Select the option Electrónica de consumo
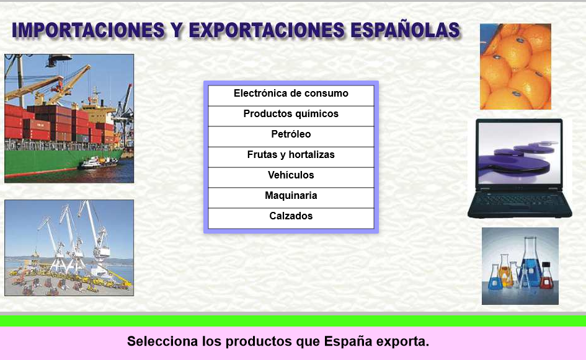(x=291, y=94)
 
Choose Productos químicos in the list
(x=291, y=114)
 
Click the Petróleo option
(x=291, y=134)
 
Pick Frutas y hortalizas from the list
(x=291, y=155)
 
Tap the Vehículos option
(x=291, y=175)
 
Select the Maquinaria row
(x=291, y=196)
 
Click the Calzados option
(x=291, y=216)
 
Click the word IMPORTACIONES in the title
(x=88, y=30)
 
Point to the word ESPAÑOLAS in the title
(x=405, y=30)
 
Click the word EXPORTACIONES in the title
(x=267, y=30)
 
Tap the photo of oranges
(x=515, y=66)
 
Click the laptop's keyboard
(x=519, y=201)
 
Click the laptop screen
(x=520, y=153)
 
